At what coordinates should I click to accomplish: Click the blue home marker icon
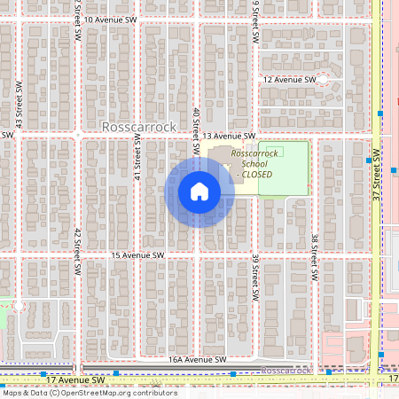tap(199, 192)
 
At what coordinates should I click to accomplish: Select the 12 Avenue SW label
tap(290, 80)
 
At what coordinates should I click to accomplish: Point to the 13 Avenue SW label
tap(229, 136)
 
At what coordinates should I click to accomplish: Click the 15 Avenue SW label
tap(138, 255)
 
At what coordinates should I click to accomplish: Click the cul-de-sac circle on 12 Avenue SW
tap(323, 80)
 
